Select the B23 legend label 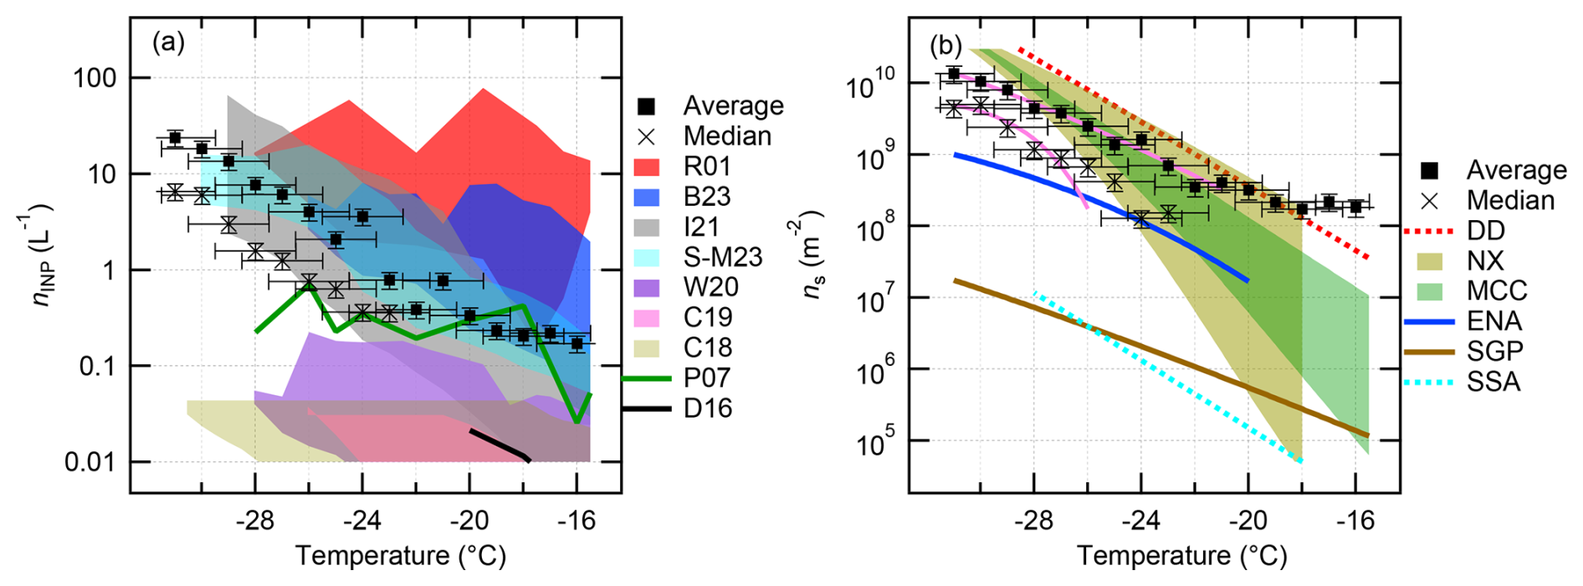click(x=707, y=196)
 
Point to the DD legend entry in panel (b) click(x=1485, y=230)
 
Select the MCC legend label click(x=1497, y=290)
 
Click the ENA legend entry click(x=1494, y=321)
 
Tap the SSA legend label click(x=1493, y=382)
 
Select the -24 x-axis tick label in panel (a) click(x=361, y=521)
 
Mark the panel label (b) click(x=945, y=45)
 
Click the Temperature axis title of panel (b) click(x=1181, y=556)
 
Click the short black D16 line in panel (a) click(x=499, y=445)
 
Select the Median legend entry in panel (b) click(x=1510, y=200)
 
